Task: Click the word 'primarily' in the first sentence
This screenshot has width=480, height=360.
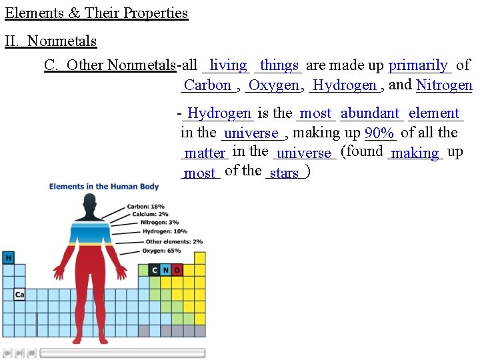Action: click(418, 65)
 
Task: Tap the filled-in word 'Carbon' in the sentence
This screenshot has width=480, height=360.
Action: click(207, 85)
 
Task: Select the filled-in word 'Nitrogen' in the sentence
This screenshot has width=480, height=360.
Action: click(444, 85)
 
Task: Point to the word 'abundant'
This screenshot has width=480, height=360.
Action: click(370, 113)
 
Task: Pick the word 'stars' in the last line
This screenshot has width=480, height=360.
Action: click(285, 173)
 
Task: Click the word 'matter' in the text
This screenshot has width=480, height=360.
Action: click(205, 153)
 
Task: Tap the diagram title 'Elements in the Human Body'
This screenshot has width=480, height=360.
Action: click(104, 187)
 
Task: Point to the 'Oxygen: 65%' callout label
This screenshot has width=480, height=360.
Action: click(161, 251)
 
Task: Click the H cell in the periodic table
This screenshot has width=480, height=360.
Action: click(9, 257)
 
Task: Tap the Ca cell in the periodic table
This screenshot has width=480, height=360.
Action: click(19, 294)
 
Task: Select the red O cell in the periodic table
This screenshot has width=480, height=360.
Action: click(177, 270)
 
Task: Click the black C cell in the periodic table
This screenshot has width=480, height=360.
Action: click(155, 270)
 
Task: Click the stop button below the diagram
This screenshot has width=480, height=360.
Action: click(31, 353)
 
